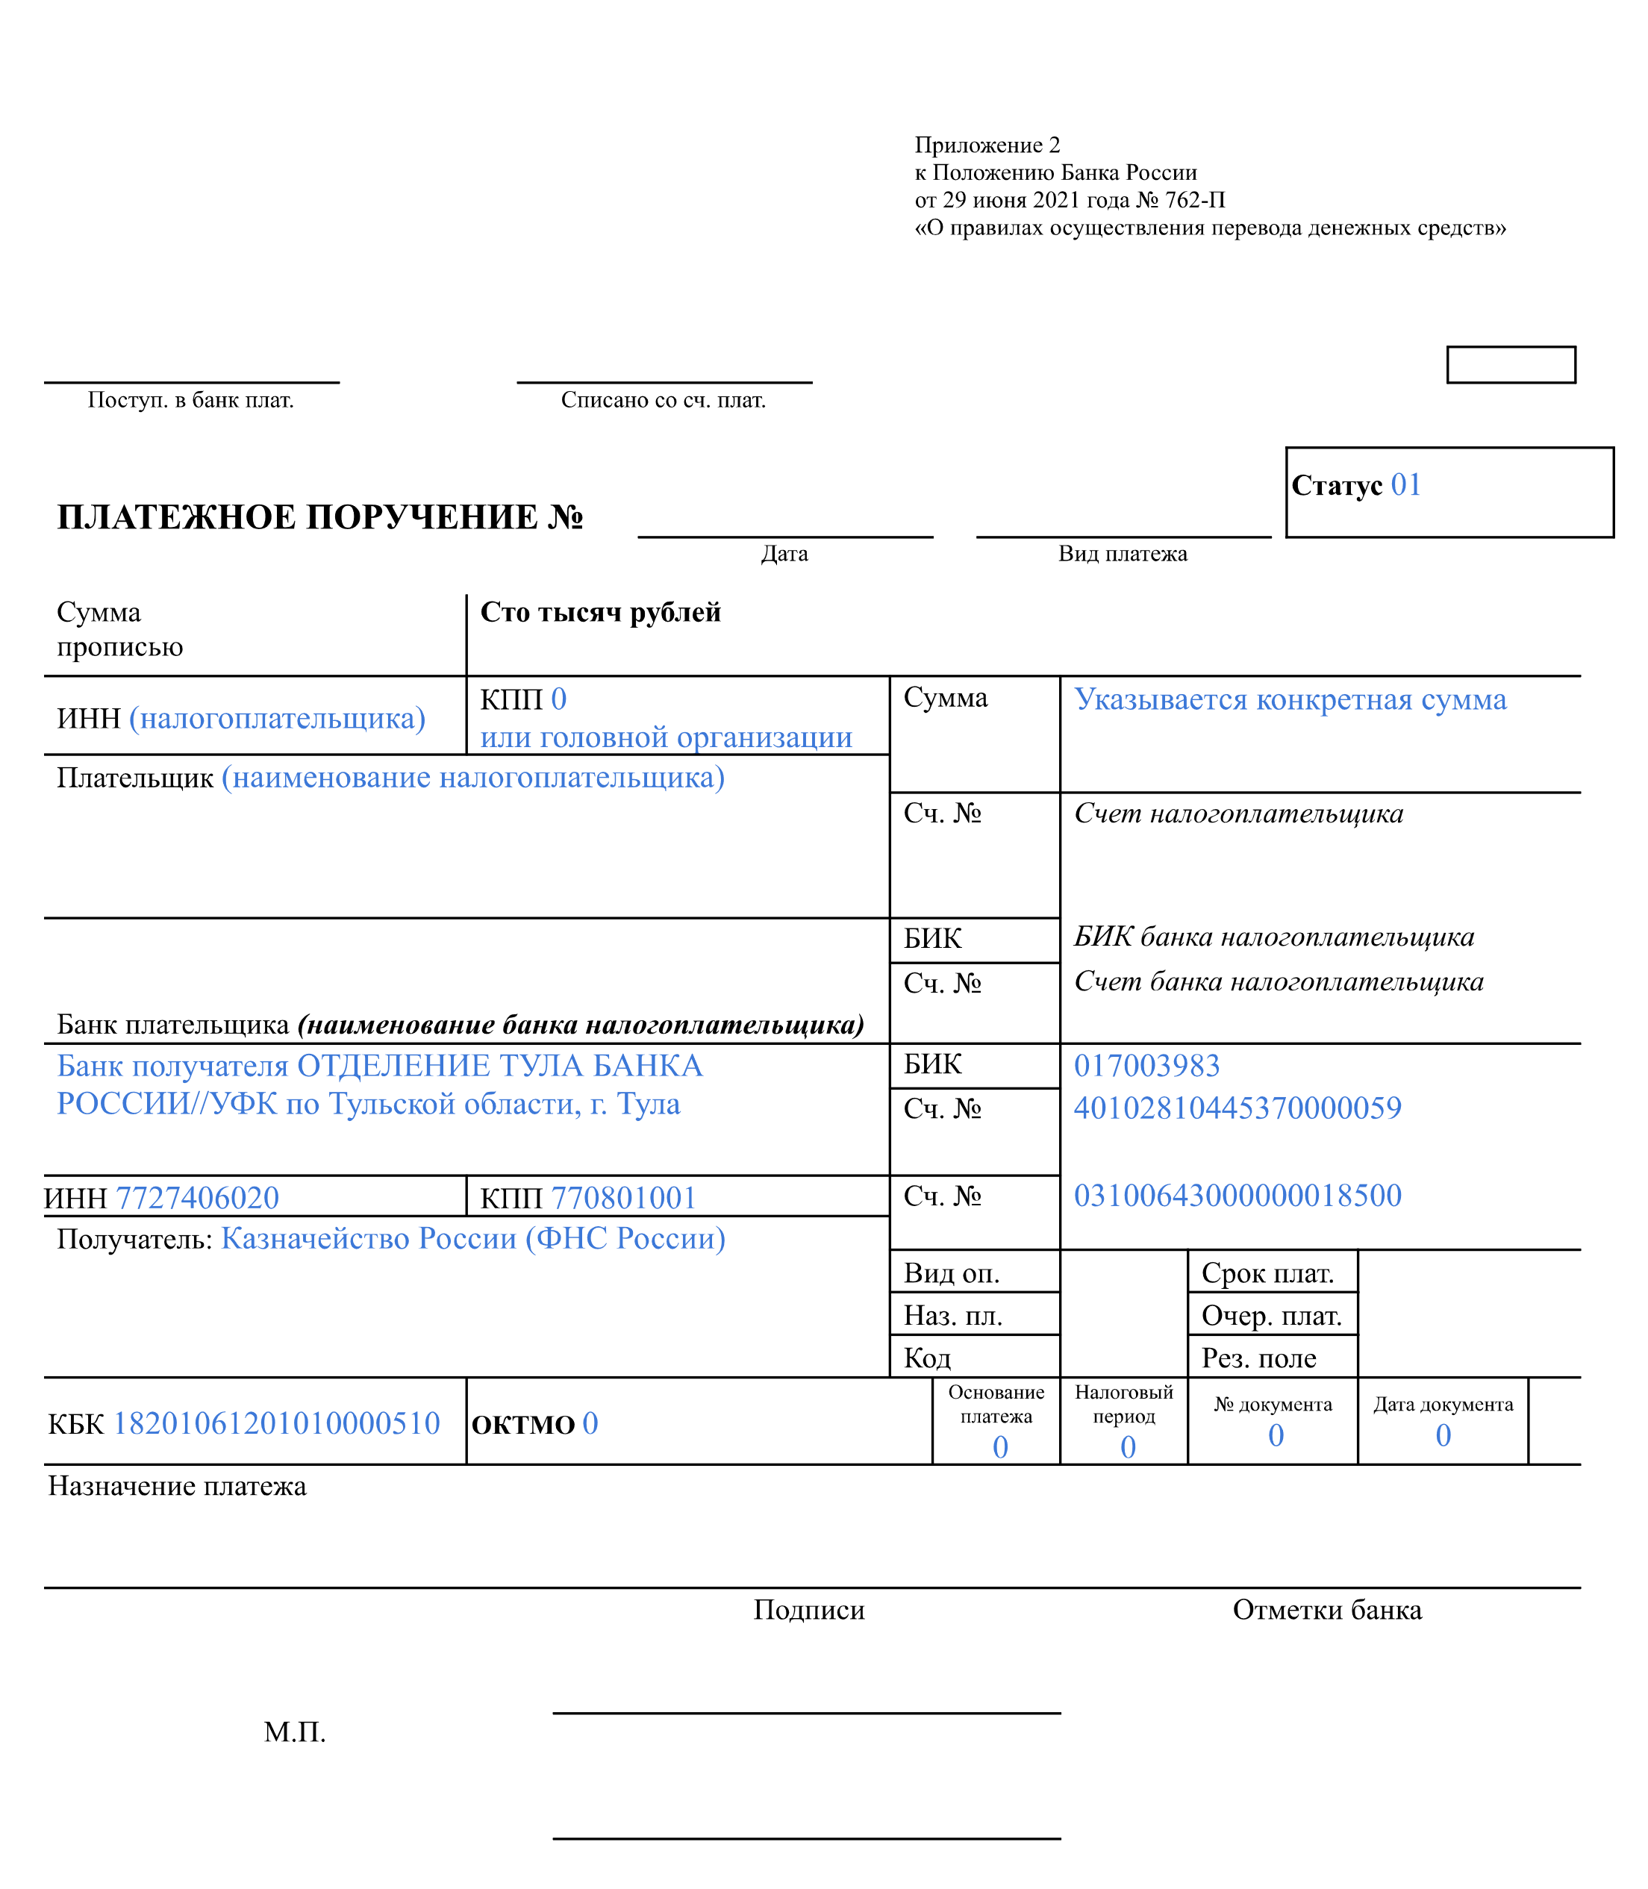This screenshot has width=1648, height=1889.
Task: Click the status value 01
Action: [1405, 484]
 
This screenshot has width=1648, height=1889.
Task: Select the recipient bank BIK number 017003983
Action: [1146, 1065]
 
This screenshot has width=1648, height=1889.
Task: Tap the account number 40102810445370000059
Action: [1237, 1108]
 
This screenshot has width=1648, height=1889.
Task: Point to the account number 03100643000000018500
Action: [1237, 1195]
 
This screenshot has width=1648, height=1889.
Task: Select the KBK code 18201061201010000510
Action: [276, 1423]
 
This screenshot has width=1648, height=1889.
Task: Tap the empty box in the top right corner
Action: [1510, 364]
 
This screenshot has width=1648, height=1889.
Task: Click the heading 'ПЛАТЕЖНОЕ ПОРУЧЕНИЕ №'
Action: [320, 517]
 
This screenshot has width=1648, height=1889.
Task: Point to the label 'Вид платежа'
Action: [1122, 554]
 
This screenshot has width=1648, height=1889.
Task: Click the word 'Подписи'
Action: [808, 1609]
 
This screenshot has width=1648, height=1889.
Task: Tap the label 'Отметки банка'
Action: [1326, 1609]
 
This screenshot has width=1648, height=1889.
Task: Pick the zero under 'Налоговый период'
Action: [1128, 1446]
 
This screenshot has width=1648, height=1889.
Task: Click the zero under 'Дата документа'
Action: [1443, 1434]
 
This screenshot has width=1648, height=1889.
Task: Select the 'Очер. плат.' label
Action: [1271, 1315]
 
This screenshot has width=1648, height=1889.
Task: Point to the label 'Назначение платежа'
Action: [177, 1486]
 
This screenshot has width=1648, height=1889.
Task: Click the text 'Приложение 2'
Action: [987, 146]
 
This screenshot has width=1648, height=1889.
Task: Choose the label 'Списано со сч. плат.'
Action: [663, 400]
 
